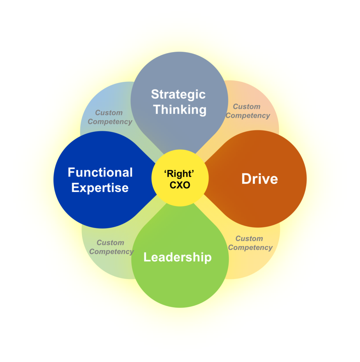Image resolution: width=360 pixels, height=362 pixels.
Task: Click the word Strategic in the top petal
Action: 178,95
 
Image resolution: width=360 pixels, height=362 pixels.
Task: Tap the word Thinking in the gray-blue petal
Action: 180,110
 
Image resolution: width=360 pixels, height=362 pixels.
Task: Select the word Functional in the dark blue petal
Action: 100,173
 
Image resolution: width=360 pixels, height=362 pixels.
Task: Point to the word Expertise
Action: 100,188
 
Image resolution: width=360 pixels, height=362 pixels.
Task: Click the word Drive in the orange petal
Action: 260,179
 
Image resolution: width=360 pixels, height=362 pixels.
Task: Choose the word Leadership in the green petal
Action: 178,257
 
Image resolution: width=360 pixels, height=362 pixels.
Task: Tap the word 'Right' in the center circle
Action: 179,174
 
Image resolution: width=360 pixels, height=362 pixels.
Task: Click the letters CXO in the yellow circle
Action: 180,185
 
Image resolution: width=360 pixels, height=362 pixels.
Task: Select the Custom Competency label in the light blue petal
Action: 110,117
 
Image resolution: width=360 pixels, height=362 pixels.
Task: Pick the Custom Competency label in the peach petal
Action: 248,111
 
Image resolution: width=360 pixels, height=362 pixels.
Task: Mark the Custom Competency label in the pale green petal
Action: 112,247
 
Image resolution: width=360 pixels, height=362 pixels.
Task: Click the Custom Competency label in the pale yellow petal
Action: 250,243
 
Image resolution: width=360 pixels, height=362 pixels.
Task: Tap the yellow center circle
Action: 180,178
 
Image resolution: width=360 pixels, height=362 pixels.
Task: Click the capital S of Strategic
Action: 155,94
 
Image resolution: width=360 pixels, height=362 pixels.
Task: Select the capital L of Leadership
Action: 147,257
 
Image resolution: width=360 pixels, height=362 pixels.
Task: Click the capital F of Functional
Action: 72,173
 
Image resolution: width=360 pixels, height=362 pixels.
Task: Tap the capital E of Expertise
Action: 75,187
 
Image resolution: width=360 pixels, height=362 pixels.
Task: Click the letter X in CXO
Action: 180,185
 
